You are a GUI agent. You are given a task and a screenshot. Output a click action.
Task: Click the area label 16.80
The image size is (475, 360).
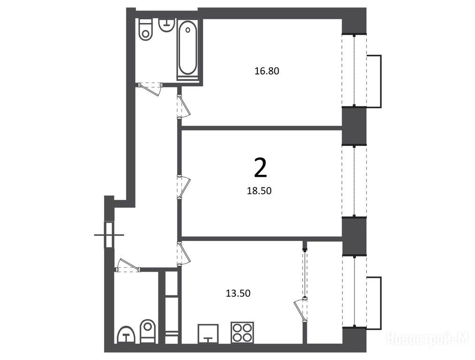pos(267,71)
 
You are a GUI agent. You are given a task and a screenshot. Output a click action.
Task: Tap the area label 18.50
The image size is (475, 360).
pos(259,191)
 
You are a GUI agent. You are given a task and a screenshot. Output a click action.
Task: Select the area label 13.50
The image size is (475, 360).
pos(238,293)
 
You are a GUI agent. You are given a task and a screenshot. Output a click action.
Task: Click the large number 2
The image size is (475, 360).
pos(261,168)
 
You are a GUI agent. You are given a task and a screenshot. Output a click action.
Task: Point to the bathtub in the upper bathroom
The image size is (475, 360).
pos(188,50)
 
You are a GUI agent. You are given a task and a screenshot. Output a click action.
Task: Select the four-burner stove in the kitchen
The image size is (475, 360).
pos(242,332)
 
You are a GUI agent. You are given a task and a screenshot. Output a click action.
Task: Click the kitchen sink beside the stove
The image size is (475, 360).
pos(208,334)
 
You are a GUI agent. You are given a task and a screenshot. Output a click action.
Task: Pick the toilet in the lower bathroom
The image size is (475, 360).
pos(148,331)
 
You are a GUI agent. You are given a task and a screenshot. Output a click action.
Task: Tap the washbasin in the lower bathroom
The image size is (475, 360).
pos(126,335)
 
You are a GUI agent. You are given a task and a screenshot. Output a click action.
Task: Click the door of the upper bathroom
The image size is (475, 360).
pos(150,89)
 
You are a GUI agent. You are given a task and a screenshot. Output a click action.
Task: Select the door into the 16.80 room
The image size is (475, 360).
pos(184,106)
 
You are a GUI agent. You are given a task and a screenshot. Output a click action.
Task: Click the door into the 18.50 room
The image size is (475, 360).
pos(184,187)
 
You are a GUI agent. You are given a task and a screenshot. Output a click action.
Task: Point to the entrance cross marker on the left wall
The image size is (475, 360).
pos(109,235)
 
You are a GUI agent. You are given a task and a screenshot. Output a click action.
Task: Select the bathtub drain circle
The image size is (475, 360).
pos(188,30)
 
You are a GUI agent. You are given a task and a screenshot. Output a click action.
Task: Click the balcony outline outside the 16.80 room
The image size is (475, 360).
pos(374,82)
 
